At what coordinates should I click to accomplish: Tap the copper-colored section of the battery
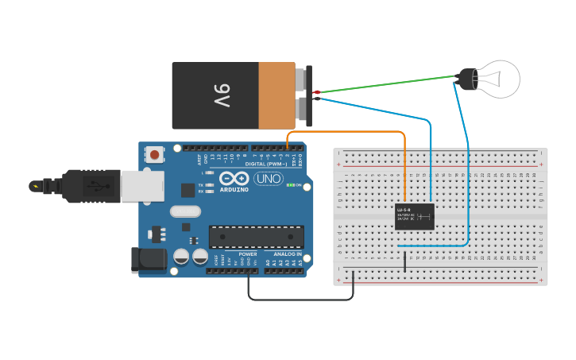[276, 95]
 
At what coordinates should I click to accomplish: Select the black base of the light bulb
[466, 78]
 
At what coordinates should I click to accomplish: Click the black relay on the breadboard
[415, 216]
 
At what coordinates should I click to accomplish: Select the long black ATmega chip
[256, 236]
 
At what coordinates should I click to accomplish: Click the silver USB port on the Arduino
[142, 185]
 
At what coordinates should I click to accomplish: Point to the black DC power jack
[148, 260]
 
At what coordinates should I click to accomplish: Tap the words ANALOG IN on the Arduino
[287, 254]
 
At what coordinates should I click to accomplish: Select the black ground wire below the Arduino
[302, 300]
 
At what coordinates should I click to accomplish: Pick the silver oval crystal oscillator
[185, 211]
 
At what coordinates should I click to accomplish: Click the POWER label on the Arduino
[248, 254]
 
